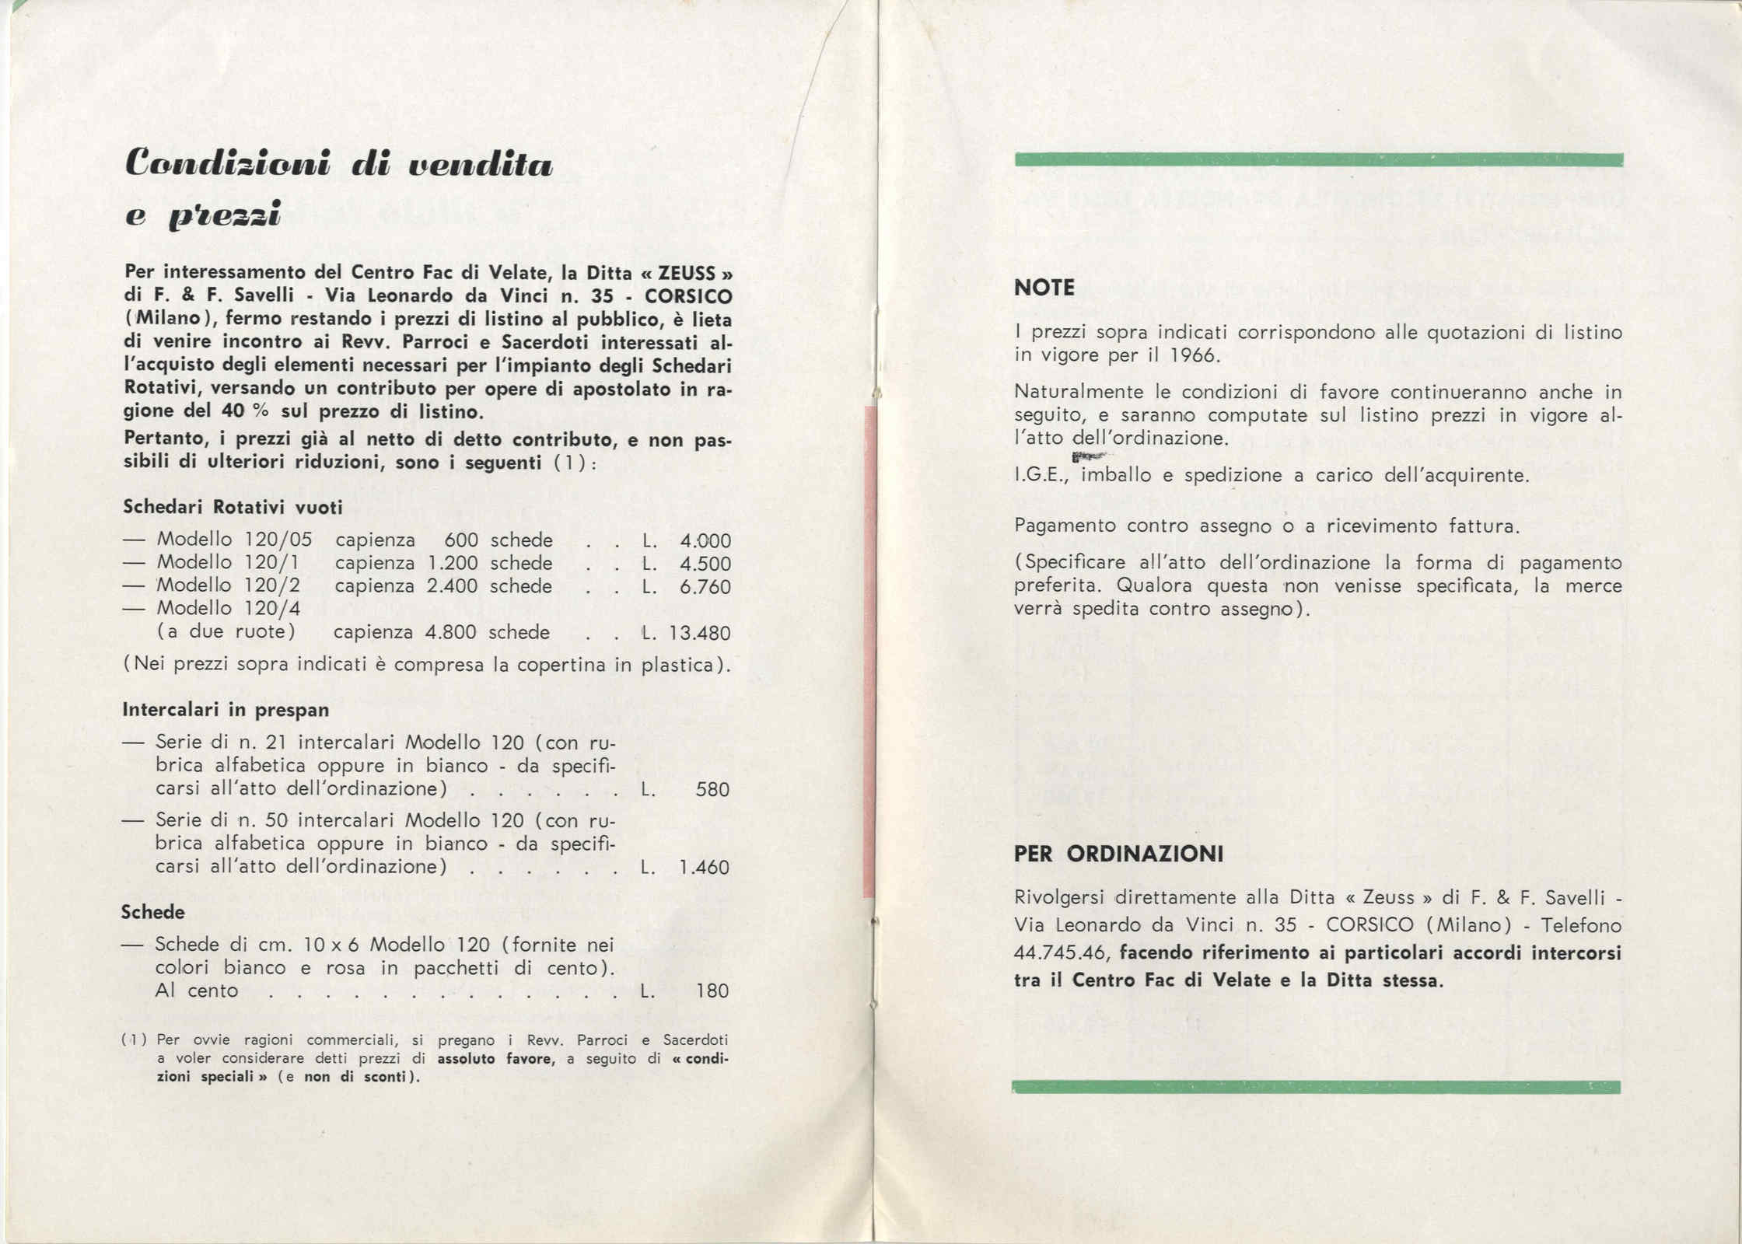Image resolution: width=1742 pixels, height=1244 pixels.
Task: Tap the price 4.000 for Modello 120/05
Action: [705, 541]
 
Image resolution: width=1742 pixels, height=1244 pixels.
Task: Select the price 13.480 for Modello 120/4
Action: [700, 633]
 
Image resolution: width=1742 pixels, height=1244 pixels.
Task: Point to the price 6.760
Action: [705, 587]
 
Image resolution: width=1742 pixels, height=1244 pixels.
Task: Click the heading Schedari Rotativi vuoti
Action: [233, 507]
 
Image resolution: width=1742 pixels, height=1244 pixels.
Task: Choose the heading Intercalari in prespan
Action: [226, 709]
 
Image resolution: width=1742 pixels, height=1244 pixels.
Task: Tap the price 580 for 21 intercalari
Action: [712, 790]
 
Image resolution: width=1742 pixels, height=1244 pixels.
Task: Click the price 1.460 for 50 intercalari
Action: [704, 867]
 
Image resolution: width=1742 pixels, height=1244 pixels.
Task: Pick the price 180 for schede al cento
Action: [712, 991]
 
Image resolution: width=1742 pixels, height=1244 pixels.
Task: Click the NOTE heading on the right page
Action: [1044, 288]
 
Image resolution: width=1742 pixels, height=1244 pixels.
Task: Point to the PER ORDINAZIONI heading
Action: [1118, 854]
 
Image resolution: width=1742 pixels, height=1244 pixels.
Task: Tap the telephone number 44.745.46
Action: [1062, 952]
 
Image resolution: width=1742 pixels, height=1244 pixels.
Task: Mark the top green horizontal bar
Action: [1318, 160]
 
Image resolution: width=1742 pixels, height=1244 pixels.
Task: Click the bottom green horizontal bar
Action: [1316, 1087]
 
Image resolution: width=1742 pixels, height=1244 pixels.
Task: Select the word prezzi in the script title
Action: [225, 215]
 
